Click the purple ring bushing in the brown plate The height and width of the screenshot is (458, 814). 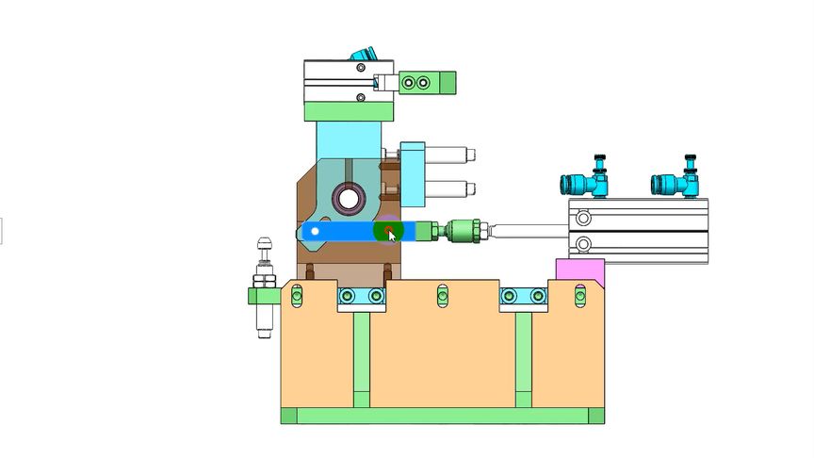(349, 198)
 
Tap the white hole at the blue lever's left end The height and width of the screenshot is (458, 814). (315, 231)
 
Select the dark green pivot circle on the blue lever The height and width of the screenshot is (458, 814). (387, 230)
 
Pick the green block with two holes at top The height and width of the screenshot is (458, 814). (428, 83)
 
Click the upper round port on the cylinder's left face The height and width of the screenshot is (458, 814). (583, 219)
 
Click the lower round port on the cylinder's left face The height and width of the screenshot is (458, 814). (583, 246)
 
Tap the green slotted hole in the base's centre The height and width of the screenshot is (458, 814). (443, 297)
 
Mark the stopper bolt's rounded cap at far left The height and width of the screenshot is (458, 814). (263, 245)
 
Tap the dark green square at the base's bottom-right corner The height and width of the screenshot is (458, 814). (596, 416)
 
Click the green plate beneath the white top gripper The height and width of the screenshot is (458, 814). (349, 111)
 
